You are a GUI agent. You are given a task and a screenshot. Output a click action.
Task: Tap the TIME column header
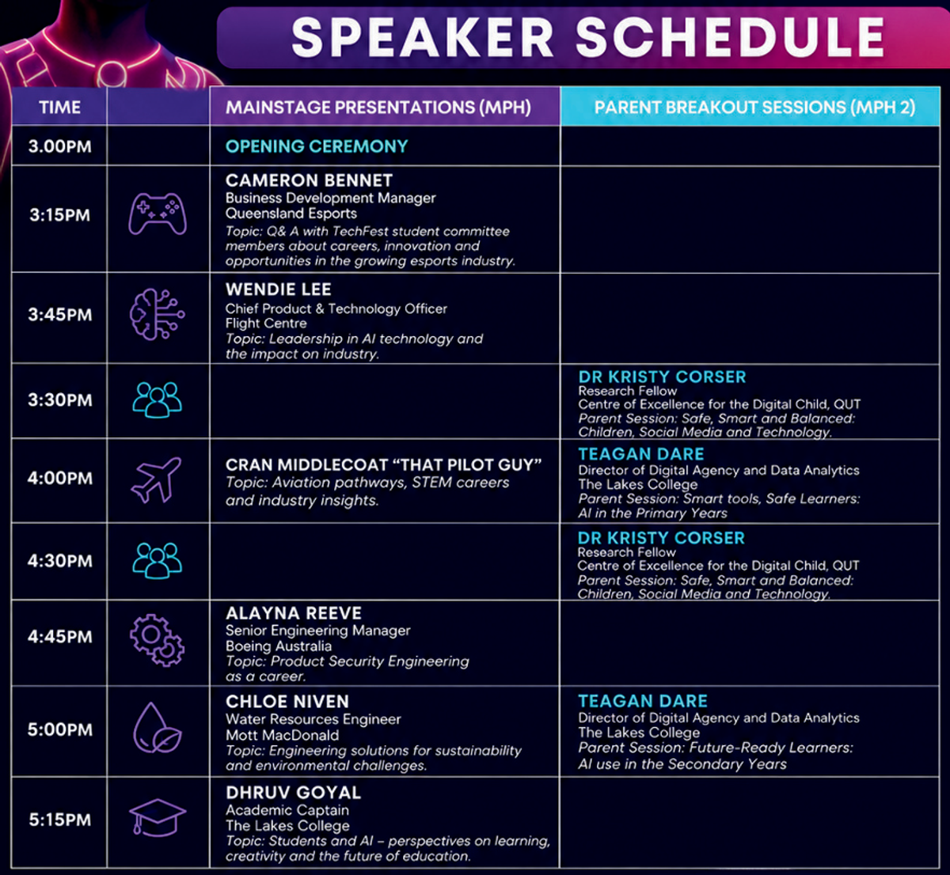coord(59,108)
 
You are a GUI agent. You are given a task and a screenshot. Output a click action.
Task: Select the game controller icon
coord(158,214)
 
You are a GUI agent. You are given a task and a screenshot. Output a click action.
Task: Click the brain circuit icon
coord(158,314)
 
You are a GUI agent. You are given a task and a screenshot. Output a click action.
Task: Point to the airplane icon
coord(156,479)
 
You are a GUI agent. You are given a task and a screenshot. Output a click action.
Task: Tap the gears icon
coord(158,640)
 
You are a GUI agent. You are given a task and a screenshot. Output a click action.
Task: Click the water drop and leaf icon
coord(158,728)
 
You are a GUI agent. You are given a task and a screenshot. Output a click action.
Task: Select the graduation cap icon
coord(158,818)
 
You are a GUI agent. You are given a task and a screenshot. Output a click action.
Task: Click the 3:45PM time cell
coord(59,315)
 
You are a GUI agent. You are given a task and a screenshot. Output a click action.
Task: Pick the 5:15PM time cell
coord(59,820)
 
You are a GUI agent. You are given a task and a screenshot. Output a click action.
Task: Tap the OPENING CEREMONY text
coord(317,146)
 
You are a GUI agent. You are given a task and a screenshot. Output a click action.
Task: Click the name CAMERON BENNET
coord(309,180)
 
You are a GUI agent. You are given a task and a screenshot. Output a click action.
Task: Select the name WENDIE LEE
coord(279,290)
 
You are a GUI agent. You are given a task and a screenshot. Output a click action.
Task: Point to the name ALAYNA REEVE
coord(294,613)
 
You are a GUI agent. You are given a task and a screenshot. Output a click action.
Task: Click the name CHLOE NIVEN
coord(287,701)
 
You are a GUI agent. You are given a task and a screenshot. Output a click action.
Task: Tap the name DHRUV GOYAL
coord(294,793)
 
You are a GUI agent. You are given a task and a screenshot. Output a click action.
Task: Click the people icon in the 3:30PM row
coord(158,400)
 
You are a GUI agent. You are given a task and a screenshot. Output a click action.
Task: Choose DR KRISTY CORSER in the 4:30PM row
coord(661,538)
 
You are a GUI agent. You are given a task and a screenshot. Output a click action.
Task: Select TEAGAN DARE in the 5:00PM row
coord(643,701)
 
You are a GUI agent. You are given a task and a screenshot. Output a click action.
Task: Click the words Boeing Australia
coord(279,646)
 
